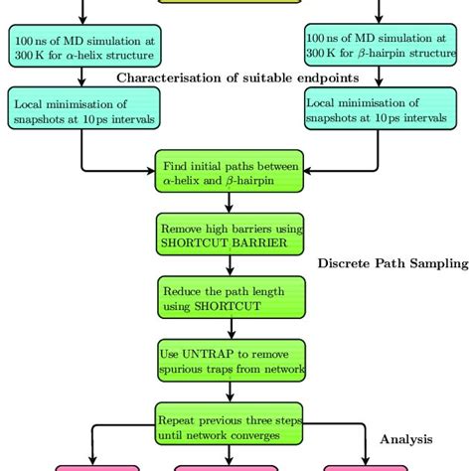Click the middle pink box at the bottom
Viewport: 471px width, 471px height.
click(231, 465)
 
